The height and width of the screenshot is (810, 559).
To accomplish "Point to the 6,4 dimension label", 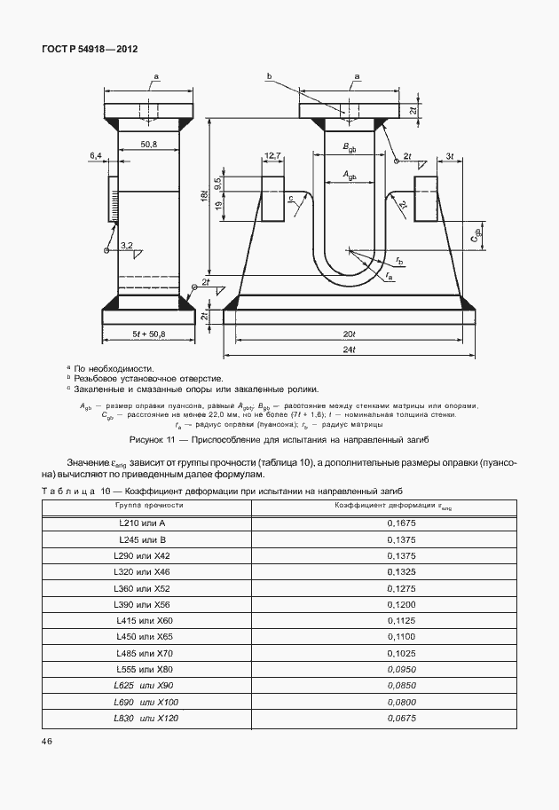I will [96, 156].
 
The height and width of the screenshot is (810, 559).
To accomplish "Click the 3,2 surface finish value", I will [126, 245].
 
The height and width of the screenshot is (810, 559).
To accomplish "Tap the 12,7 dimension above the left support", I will [272, 156].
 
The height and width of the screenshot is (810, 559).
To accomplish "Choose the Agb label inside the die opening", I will [350, 177].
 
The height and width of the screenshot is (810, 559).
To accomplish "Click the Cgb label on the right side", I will [476, 236].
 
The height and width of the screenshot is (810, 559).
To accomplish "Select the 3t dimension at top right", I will [450, 156].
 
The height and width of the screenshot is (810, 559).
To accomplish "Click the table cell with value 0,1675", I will [402, 524].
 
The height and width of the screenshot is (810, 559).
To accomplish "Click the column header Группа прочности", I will [148, 504].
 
